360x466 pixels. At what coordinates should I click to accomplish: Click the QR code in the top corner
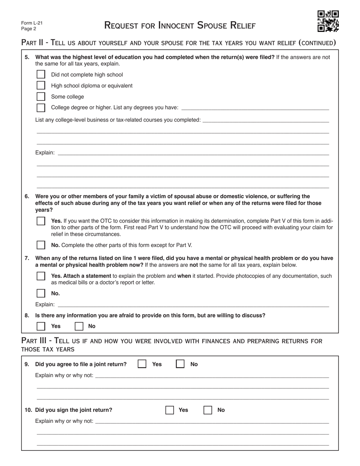pos(328,21)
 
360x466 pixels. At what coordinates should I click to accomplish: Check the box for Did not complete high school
pos(41,75)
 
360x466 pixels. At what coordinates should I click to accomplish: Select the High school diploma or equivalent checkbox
pos(41,86)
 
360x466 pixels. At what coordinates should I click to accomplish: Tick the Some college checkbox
pos(41,97)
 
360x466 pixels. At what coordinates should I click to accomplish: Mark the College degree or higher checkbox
pos(41,108)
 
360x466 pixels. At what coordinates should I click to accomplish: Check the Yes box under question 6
pos(41,221)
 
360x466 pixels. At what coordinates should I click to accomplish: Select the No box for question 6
pos(41,245)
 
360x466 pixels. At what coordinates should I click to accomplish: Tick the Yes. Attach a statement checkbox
pos(41,276)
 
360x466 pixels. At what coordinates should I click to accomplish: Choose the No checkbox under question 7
pos(41,293)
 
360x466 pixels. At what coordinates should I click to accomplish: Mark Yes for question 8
pos(41,326)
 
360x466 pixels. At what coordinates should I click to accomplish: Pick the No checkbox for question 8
pos(79,326)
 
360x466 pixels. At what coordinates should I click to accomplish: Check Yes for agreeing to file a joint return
pos(142,364)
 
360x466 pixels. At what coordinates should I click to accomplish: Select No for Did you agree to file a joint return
pos(180,364)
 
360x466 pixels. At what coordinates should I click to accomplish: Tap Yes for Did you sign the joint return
pos(170,410)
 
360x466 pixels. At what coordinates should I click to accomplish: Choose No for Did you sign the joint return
pos(208,410)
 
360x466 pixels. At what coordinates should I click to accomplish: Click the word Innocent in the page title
pos(175,26)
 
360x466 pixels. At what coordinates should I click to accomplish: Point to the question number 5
pos(27,57)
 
